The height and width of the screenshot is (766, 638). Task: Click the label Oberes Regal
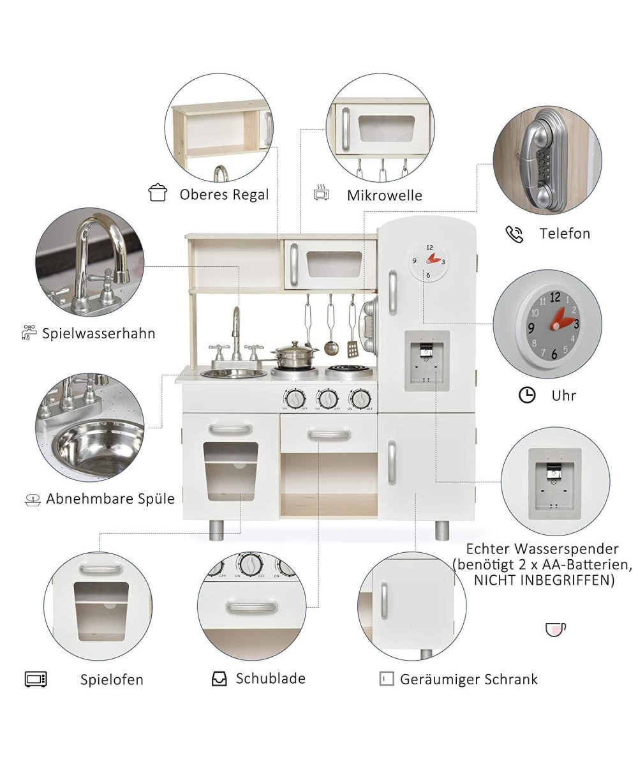[224, 195]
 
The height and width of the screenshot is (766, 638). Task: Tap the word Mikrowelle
[385, 195]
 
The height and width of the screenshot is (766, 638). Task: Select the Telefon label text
[565, 234]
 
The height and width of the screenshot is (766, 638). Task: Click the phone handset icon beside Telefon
[514, 234]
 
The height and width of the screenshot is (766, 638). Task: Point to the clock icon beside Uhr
[527, 395]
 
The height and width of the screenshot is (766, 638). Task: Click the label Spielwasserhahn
[99, 333]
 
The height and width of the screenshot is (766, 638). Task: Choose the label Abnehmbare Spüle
[110, 499]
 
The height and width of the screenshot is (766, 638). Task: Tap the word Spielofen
[112, 680]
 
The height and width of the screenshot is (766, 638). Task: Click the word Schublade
[271, 679]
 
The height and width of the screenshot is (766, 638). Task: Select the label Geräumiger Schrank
[468, 679]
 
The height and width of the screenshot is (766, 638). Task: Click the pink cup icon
[556, 629]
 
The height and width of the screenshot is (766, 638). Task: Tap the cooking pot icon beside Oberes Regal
[158, 192]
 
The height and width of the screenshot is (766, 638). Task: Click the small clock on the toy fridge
[429, 261]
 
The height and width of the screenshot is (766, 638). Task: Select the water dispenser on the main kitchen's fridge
[427, 361]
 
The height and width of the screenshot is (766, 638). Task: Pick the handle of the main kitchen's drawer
[329, 435]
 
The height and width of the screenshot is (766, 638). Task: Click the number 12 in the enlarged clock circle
[555, 297]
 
